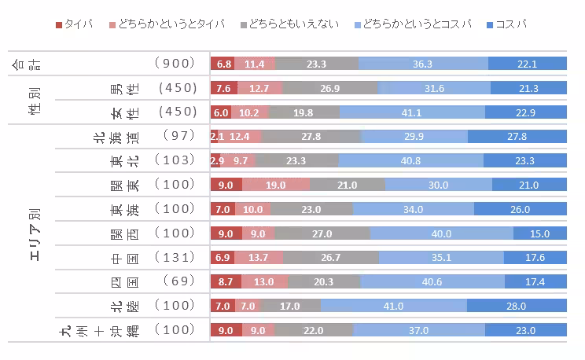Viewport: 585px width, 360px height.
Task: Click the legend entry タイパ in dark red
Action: pyautogui.click(x=75, y=24)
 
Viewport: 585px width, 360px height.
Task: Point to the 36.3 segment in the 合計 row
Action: pyautogui.click(x=423, y=64)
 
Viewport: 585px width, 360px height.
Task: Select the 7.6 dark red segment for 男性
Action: pyautogui.click(x=223, y=88)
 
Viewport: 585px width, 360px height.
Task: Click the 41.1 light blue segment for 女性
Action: pyautogui.click(x=412, y=112)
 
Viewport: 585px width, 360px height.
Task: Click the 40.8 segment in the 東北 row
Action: pyautogui.click(x=410, y=161)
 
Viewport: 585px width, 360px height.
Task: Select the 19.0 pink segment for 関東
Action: pyautogui.click(x=275, y=186)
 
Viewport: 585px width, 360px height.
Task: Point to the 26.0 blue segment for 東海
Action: pyautogui.click(x=520, y=210)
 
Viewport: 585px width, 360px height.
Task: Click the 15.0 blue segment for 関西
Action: pyautogui.click(x=539, y=234)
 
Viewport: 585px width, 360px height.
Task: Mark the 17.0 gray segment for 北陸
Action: pyautogui.click(x=290, y=307)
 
